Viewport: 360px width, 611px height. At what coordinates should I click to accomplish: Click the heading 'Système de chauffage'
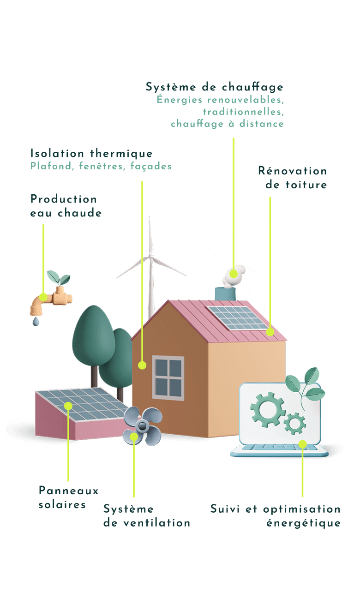214,87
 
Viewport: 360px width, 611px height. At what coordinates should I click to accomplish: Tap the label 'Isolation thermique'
91,153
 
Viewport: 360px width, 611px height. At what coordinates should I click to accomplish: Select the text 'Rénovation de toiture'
292,178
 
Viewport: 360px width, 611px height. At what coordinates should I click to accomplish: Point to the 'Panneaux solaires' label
68,497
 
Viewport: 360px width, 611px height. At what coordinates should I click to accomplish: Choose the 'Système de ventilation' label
146,516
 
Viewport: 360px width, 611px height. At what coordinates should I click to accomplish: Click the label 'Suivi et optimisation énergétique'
275,516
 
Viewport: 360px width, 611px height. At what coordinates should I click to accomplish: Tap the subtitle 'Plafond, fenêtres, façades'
101,166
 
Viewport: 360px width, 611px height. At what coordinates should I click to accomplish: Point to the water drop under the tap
36,322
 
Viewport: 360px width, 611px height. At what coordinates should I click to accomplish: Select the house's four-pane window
168,377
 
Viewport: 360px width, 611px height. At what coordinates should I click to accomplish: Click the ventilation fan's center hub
143,425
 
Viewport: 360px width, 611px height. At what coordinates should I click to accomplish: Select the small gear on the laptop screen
294,423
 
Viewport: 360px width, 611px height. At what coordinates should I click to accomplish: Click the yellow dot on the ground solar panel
68,406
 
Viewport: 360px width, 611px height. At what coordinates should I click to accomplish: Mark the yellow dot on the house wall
142,365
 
